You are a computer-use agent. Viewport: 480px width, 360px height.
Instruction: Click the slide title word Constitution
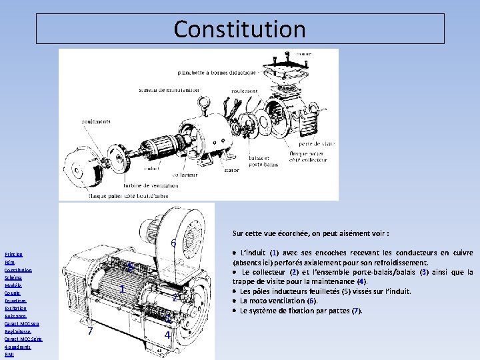[240, 29]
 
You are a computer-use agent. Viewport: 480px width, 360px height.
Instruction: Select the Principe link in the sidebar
[13, 255]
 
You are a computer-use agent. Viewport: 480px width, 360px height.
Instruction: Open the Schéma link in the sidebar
[13, 278]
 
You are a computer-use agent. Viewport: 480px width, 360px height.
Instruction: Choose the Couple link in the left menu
[12, 293]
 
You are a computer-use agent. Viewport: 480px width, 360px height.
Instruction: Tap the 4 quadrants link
[18, 347]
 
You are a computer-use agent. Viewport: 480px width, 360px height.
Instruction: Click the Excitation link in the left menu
[16, 309]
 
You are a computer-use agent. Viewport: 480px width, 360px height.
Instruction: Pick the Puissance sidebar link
[16, 317]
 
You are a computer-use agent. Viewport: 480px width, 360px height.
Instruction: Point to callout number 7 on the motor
[90, 331]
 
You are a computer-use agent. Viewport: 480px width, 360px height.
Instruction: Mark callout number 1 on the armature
[123, 289]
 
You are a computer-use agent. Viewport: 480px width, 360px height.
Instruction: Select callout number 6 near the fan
[173, 244]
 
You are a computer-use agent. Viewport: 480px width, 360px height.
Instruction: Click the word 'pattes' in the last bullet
[337, 311]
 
